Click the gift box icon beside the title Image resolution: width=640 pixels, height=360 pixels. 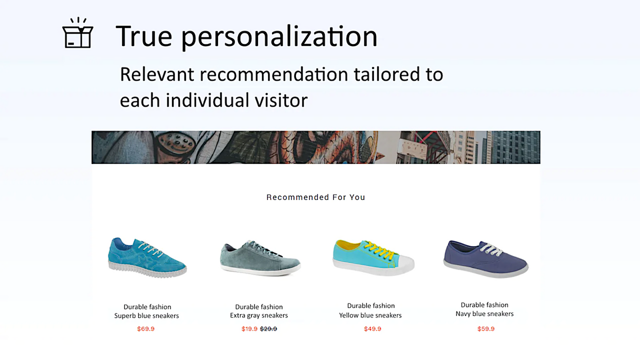tap(77, 34)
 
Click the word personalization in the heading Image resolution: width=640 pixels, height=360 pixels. tap(279, 37)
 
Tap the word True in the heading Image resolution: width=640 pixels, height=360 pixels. tap(144, 36)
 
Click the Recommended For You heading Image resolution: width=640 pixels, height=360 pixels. tap(315, 197)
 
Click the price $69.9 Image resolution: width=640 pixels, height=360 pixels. tap(146, 329)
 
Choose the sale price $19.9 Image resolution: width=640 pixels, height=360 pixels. tap(249, 329)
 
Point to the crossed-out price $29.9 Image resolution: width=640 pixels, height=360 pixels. tap(268, 329)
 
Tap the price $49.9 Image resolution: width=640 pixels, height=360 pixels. tap(372, 329)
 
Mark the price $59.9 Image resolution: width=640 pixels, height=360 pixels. tap(486, 329)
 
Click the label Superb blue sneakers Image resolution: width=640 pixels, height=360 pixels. tap(146, 316)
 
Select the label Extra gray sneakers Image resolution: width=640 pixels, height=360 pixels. tap(259, 315)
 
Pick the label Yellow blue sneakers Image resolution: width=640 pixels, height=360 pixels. tap(370, 315)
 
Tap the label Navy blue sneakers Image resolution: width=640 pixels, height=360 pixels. tap(484, 314)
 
